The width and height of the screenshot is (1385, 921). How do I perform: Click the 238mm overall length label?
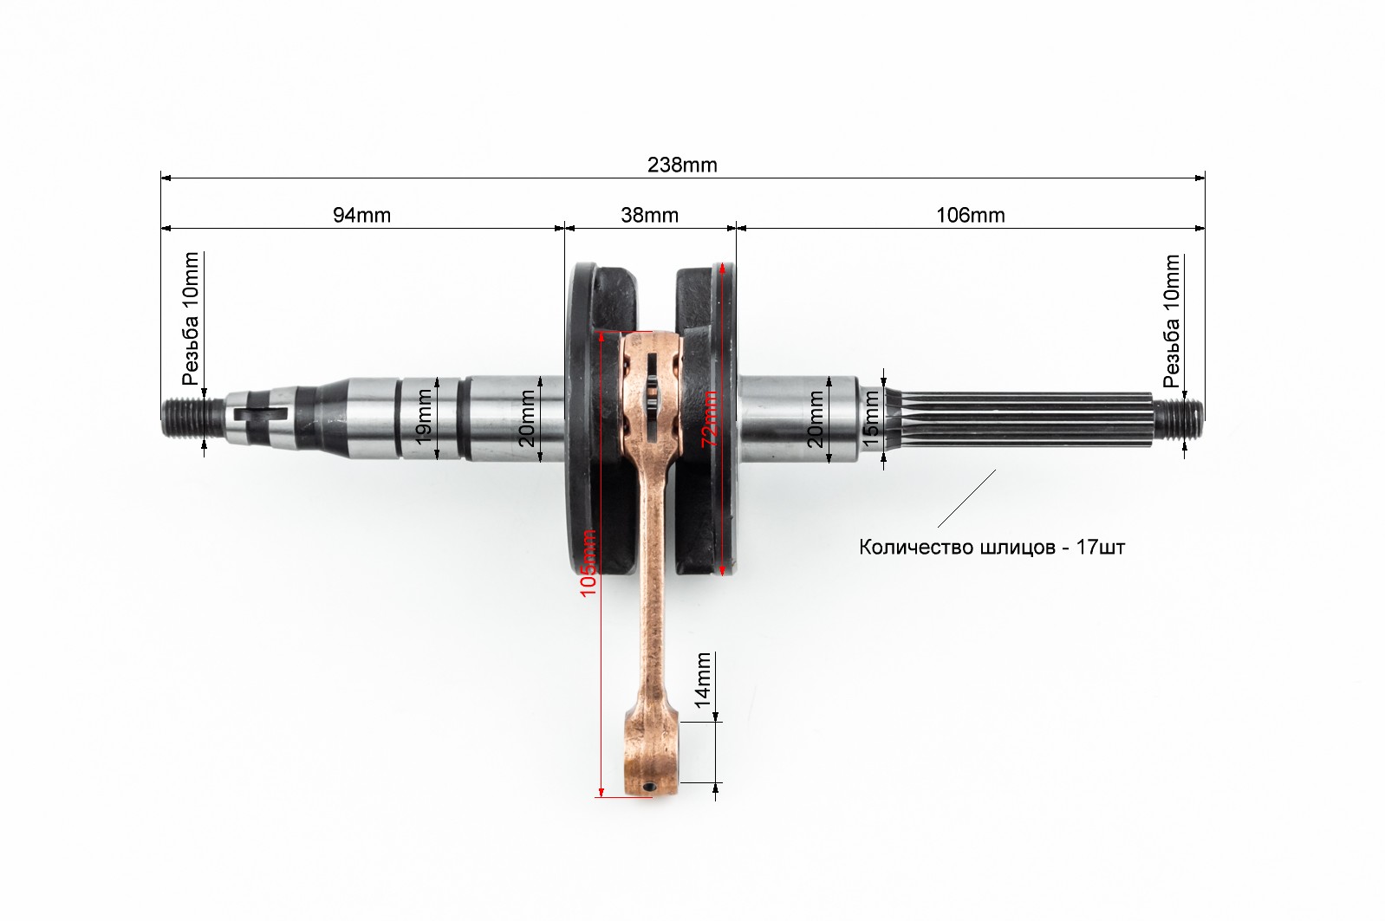point(682,165)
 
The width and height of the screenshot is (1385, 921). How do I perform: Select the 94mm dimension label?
point(361,215)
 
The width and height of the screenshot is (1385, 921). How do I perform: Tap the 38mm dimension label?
point(649,215)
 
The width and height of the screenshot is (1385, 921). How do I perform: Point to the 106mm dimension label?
point(970,215)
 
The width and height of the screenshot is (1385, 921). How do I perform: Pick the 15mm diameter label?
point(870,418)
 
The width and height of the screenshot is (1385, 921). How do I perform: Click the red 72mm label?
point(710,418)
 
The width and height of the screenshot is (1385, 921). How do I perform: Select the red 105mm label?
point(588,562)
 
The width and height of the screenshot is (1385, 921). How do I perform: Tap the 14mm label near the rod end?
point(703,680)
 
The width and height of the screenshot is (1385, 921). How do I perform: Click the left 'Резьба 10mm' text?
point(191,319)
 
